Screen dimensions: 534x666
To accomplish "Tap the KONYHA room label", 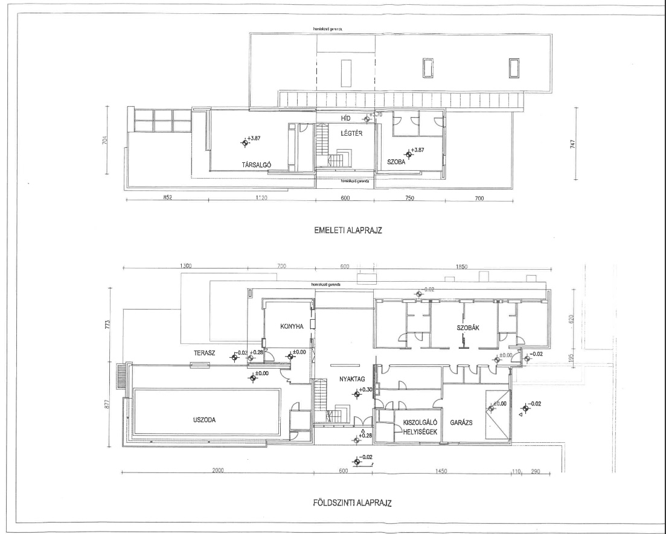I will pyautogui.click(x=291, y=326).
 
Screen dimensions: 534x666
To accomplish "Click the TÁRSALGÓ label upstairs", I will pyautogui.click(x=255, y=164).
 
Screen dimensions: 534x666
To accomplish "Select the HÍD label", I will pyautogui.click(x=346, y=119).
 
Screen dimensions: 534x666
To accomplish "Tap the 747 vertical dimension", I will pyautogui.click(x=571, y=144).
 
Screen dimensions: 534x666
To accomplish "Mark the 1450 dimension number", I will pyautogui.click(x=440, y=471).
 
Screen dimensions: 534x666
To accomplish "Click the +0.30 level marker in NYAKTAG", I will pyautogui.click(x=364, y=390).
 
